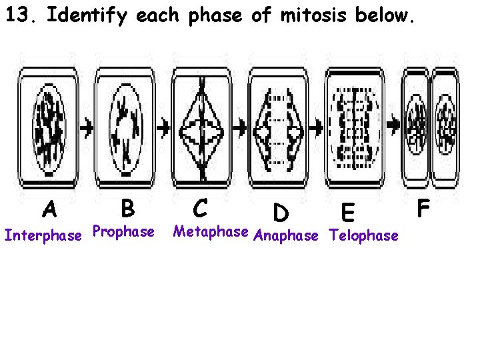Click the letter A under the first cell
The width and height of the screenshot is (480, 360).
click(49, 211)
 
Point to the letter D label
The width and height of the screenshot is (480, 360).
click(281, 213)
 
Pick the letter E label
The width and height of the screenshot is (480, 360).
click(347, 213)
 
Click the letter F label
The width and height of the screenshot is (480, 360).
click(423, 208)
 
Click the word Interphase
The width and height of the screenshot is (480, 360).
click(43, 235)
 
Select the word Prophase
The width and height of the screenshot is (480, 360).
click(123, 231)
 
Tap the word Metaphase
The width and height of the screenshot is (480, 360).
click(211, 231)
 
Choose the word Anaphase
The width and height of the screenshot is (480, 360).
click(287, 235)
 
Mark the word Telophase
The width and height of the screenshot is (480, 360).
click(364, 235)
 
